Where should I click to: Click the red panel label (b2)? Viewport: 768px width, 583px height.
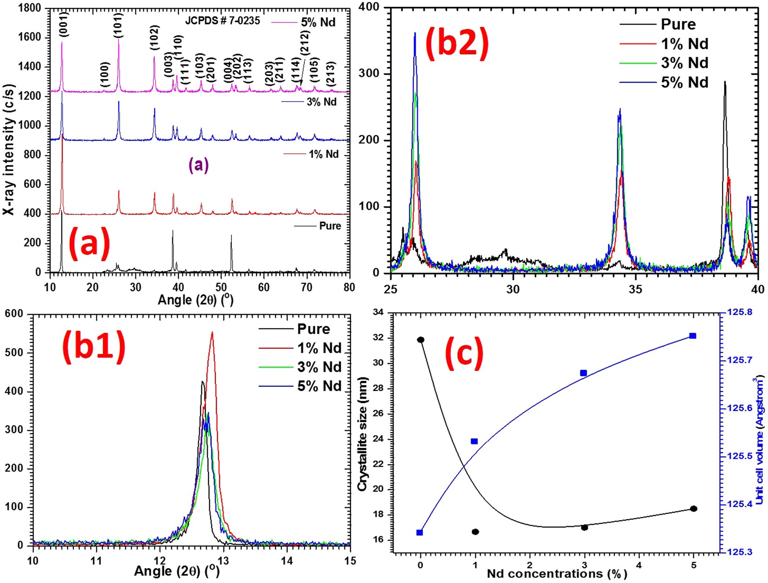pos(457,44)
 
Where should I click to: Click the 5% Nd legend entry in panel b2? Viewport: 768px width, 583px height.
pos(684,82)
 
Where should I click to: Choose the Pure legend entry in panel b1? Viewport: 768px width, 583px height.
pos(313,329)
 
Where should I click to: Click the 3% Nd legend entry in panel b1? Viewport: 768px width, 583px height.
pos(319,367)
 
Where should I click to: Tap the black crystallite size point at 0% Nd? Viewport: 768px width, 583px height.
pos(421,340)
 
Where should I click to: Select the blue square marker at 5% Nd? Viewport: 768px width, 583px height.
pos(693,336)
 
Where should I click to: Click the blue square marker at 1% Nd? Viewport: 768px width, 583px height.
pos(474,441)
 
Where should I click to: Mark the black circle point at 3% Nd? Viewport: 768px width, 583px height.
pos(585,527)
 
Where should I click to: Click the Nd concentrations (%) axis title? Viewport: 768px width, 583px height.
pos(557,574)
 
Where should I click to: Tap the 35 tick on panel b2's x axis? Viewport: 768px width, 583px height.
pos(635,289)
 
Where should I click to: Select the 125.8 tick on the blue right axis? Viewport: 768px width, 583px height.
pos(740,311)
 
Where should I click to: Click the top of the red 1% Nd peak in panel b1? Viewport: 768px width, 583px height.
pos(212,332)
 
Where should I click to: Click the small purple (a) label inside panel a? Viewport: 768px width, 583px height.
pos(198,165)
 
